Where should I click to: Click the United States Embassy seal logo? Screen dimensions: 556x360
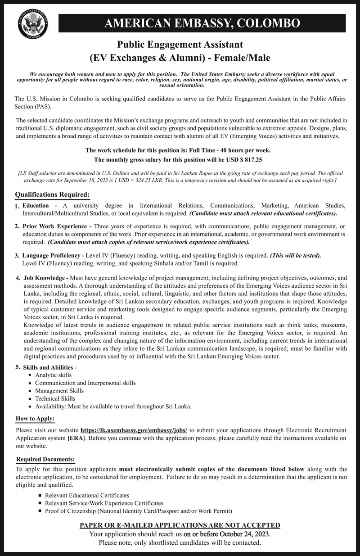[33, 24]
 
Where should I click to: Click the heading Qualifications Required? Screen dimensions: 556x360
[52, 194]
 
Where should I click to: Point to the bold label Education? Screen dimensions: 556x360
[36, 206]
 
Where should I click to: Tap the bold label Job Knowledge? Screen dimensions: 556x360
[45, 278]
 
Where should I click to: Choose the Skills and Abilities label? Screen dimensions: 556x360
[50, 367]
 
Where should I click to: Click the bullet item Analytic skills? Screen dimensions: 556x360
[53, 375]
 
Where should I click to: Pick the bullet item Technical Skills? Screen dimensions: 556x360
[55, 398]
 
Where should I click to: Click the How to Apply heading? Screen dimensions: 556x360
[35, 419]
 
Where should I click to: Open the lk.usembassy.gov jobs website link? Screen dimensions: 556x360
[134, 430]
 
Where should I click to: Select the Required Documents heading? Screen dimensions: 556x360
[45, 459]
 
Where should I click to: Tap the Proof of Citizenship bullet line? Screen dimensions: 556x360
[138, 511]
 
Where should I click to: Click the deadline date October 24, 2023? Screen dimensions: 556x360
[245, 534]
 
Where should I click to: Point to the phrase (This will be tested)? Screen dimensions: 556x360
[296, 256]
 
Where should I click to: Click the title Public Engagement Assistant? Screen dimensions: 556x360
[180, 45]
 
